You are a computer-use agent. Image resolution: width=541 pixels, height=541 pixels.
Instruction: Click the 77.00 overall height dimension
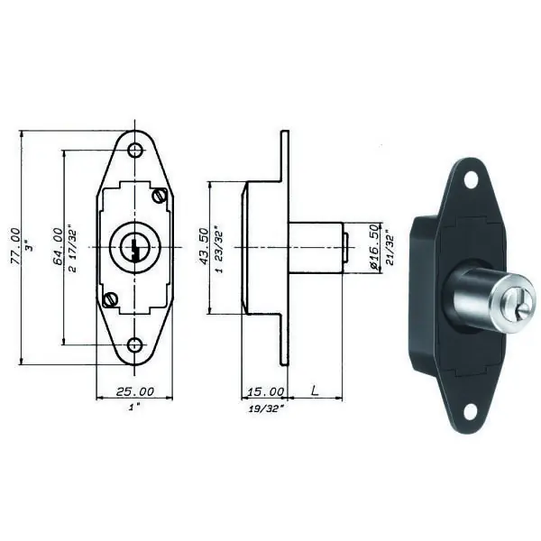[x=16, y=246]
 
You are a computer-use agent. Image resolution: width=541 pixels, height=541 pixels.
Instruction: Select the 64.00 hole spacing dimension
[x=59, y=246]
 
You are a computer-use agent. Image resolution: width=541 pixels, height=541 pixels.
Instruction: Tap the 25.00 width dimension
[x=135, y=391]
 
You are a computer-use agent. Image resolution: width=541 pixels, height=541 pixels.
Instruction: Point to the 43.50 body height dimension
[x=205, y=246]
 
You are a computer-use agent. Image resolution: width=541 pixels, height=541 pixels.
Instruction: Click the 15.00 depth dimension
[x=266, y=391]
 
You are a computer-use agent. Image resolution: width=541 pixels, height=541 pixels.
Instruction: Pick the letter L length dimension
[x=315, y=391]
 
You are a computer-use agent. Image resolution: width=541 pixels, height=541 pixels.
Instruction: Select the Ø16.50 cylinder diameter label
[x=374, y=246]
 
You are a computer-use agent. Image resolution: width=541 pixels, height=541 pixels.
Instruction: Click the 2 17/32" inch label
[x=73, y=249]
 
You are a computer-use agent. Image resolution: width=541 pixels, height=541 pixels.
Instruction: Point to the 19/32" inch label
[x=266, y=408]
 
